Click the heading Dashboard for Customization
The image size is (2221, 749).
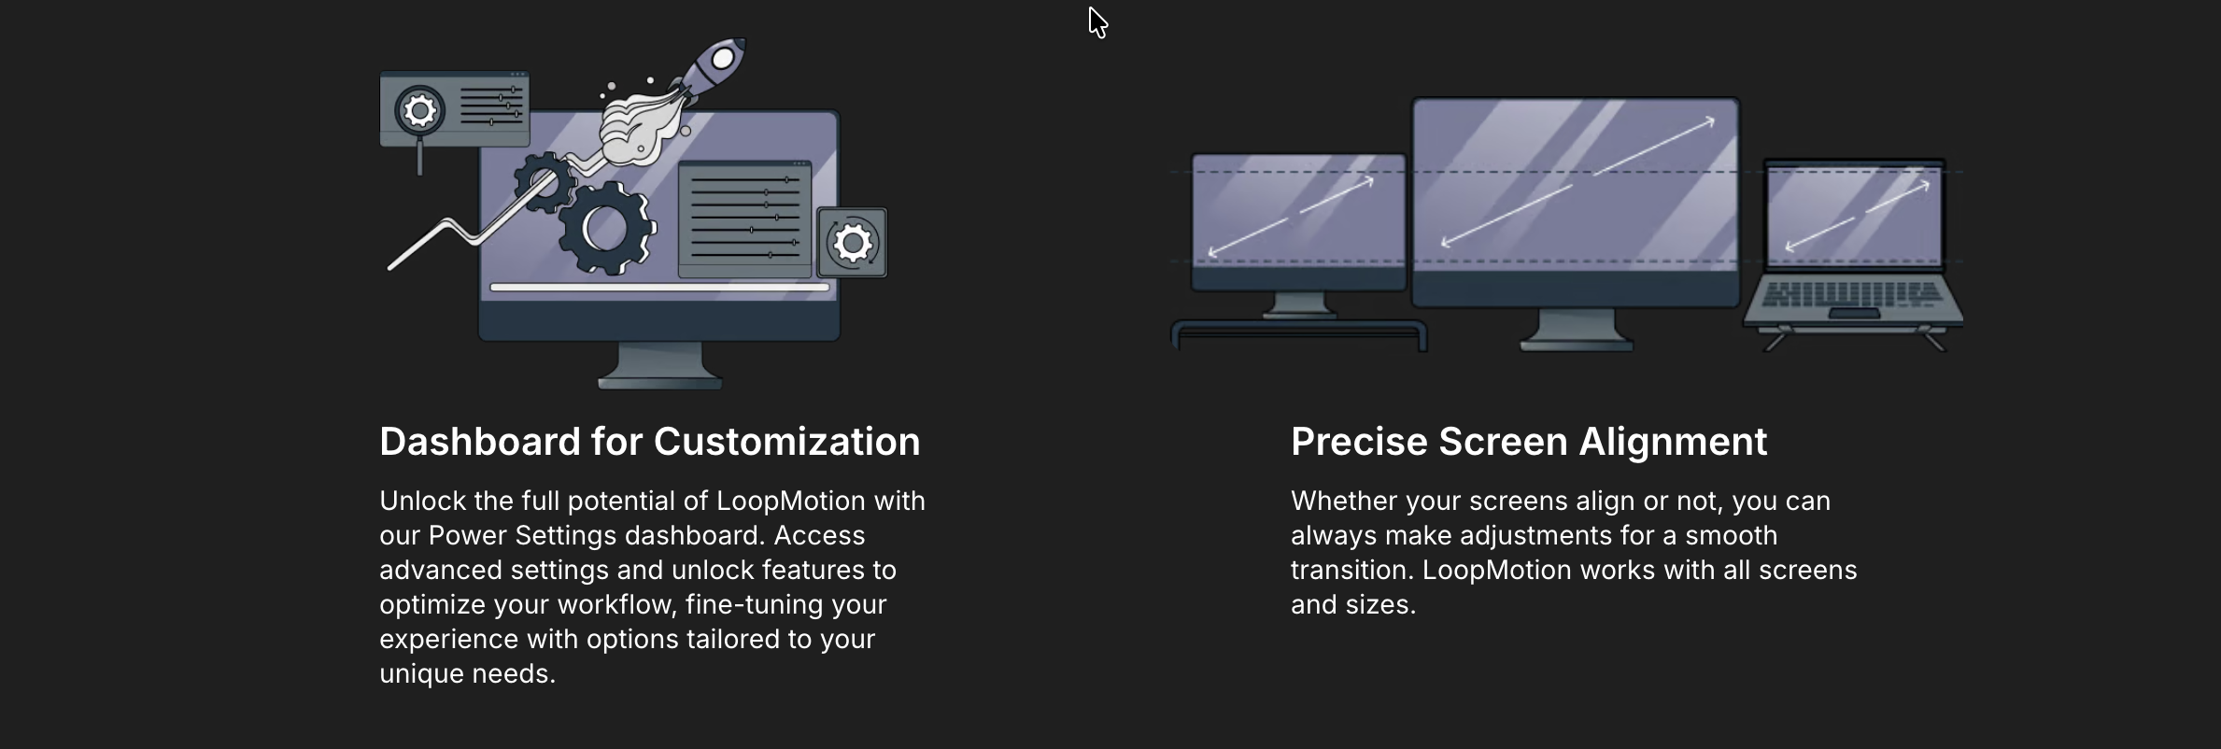pos(650,442)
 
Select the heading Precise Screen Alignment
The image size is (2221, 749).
pos(1529,442)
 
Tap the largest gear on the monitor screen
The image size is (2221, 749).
pos(608,229)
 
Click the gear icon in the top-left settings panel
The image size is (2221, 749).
pos(420,111)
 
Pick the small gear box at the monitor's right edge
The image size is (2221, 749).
pos(852,243)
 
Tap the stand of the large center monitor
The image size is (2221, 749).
pos(1577,329)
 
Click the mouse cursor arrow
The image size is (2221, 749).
pos(1097,22)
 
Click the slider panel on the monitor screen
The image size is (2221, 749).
pos(744,219)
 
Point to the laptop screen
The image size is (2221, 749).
pos(1854,215)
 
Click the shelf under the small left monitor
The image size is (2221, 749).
pos(1299,333)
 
